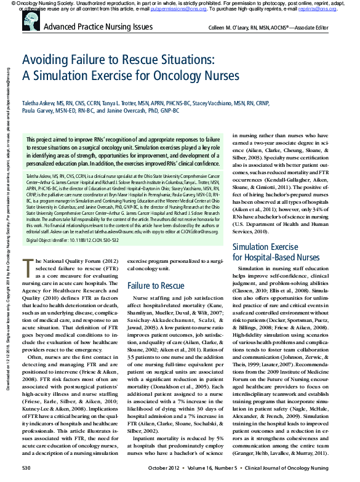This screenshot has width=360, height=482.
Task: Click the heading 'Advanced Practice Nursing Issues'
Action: (98, 28)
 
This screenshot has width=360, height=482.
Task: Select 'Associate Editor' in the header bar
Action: (324, 28)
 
